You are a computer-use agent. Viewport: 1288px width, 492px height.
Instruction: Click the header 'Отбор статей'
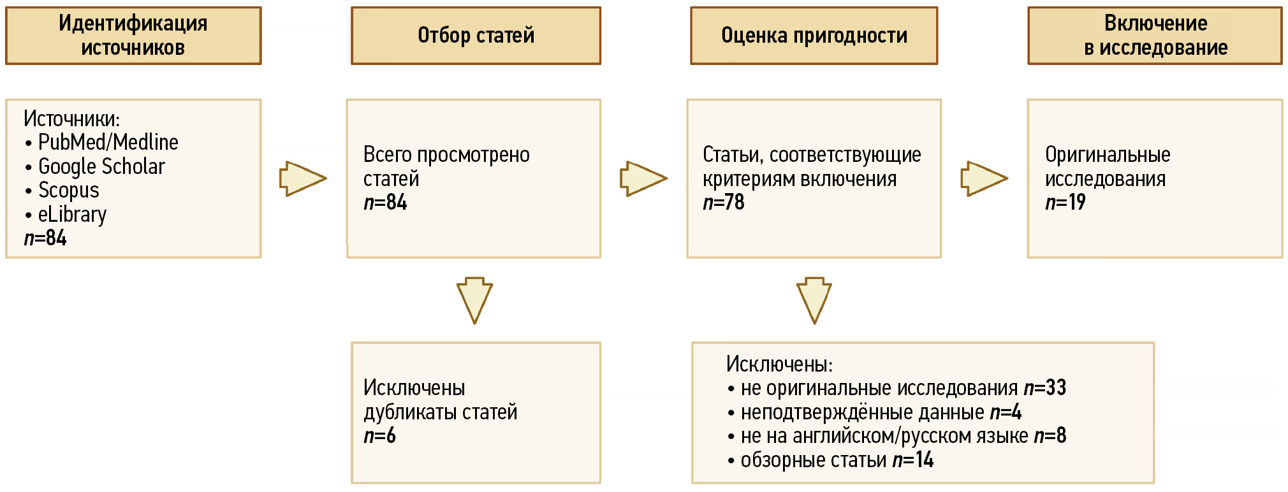point(476,36)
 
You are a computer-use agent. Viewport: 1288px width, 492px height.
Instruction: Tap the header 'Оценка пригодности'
point(814,36)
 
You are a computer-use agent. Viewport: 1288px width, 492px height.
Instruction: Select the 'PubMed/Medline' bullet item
point(108,142)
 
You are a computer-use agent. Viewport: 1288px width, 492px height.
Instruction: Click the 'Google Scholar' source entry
point(101,166)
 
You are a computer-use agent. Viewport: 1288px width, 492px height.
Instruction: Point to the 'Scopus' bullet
point(69,191)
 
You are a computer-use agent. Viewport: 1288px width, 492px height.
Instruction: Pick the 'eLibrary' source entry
point(72,215)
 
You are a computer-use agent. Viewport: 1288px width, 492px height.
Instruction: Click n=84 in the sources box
point(45,238)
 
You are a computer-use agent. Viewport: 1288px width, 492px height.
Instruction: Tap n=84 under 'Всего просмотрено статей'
point(385,202)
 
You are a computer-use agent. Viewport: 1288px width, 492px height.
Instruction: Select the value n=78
point(724,202)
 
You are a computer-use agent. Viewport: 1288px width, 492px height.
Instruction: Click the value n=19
point(1065,202)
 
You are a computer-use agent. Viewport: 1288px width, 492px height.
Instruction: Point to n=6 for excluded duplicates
point(379,436)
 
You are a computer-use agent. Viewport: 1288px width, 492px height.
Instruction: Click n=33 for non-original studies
point(1045,387)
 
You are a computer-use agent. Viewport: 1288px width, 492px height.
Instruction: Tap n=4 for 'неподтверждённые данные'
point(1006,412)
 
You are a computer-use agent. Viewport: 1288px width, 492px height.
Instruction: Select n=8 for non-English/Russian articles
point(1050,436)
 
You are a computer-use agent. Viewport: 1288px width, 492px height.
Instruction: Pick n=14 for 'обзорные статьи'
point(913,459)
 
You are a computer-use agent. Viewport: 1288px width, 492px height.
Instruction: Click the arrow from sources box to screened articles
point(303,178)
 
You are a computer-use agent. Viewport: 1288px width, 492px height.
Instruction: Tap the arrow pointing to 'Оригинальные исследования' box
point(984,178)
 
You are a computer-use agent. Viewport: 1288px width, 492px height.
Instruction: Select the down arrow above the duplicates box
point(474,301)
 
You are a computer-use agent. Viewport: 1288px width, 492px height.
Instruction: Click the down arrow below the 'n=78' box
point(814,301)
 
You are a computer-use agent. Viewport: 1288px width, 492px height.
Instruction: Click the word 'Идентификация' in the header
point(133,24)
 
